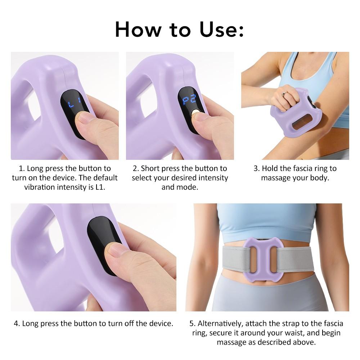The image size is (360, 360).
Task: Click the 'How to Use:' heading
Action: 179,30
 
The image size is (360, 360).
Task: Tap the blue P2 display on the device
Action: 190,100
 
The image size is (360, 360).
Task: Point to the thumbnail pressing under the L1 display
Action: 84,119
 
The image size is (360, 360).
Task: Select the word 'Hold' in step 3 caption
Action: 270,168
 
